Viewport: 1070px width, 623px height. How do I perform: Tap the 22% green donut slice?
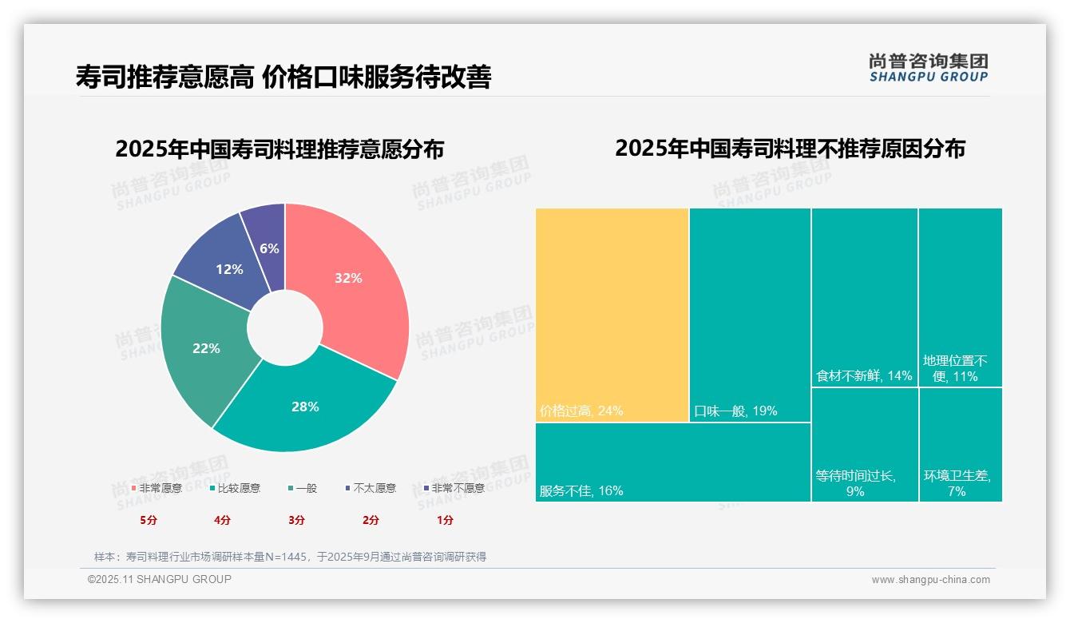click(x=206, y=347)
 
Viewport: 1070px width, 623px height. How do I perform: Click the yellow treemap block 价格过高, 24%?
click(x=612, y=315)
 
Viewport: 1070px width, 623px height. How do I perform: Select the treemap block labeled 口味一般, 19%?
click(x=750, y=315)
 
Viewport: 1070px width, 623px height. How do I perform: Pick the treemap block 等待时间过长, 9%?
click(x=864, y=445)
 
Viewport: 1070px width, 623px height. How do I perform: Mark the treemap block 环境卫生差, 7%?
click(x=960, y=445)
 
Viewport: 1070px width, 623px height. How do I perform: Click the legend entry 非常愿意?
click(x=157, y=488)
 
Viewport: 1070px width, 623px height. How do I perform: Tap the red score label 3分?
click(x=296, y=520)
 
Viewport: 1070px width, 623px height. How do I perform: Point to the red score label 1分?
click(x=445, y=520)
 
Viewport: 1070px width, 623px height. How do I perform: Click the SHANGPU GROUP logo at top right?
click(x=928, y=67)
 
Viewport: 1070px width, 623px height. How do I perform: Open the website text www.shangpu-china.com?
click(x=930, y=580)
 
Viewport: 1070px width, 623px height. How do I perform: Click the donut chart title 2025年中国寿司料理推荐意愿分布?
click(x=279, y=149)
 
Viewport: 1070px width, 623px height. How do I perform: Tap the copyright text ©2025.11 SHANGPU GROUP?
click(x=160, y=579)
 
